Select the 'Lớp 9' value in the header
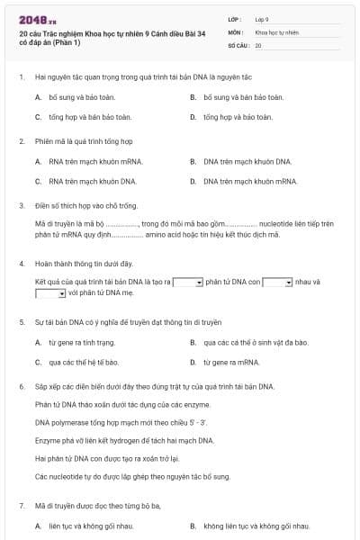pyautogui.click(x=262, y=18)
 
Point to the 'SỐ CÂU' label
pyautogui.click(x=238, y=44)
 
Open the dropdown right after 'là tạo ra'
pyautogui.click(x=187, y=282)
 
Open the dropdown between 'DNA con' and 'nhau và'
pyautogui.click(x=277, y=282)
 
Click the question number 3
pyautogui.click(x=21, y=205)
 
